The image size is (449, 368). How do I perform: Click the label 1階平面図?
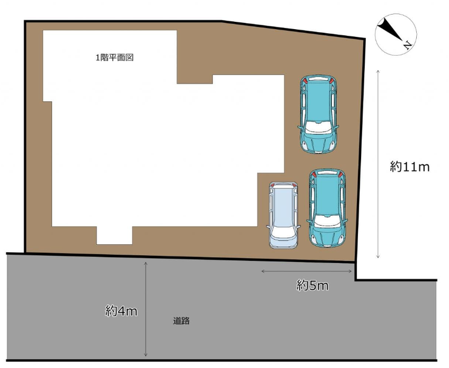pyautogui.click(x=115, y=58)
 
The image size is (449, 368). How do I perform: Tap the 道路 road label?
pyautogui.click(x=181, y=321)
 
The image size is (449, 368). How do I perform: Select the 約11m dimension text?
pyautogui.click(x=410, y=167)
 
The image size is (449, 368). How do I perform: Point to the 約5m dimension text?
pyautogui.click(x=312, y=286)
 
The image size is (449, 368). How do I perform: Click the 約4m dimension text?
pyautogui.click(x=121, y=311)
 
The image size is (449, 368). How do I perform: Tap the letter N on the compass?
pyautogui.click(x=407, y=45)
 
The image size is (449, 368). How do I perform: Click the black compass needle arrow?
pyautogui.click(x=390, y=29)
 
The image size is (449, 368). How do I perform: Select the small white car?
pyautogui.click(x=283, y=215)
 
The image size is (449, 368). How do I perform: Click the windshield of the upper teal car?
pyautogui.click(x=318, y=127)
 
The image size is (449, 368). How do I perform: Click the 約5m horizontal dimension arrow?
pyautogui.click(x=306, y=271)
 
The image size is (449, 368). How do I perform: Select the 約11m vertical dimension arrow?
pyautogui.click(x=378, y=164)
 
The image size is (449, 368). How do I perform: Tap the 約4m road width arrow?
pyautogui.click(x=146, y=309)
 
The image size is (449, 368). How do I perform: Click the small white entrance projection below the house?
pyautogui.click(x=114, y=235)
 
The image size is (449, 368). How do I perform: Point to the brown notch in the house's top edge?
pyautogui.click(x=195, y=79)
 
